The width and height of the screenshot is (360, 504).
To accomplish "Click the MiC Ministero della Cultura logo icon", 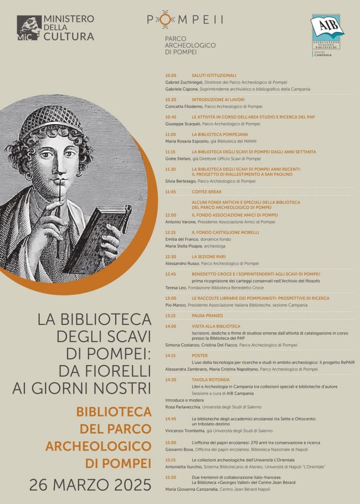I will (x=29, y=28).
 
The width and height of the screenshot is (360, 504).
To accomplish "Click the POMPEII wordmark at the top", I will (x=185, y=19).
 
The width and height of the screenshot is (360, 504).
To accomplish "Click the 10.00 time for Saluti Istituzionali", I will (x=171, y=75).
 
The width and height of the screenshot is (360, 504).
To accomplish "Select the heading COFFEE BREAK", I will (x=206, y=192).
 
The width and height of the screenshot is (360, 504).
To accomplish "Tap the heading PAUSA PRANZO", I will (x=207, y=316).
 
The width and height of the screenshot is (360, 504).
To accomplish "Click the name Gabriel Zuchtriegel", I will (x=187, y=81).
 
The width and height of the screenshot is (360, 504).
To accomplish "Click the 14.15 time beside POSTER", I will (x=171, y=355).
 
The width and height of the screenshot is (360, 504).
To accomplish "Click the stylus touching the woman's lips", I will (x=59, y=194).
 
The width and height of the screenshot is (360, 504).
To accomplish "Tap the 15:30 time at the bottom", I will (x=171, y=477).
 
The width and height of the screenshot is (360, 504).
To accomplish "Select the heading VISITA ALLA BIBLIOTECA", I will (x=216, y=326).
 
